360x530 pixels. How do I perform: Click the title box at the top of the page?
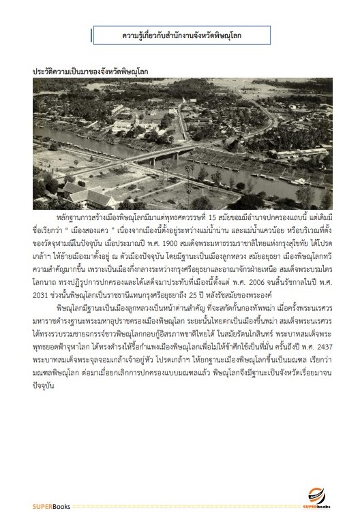181,33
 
